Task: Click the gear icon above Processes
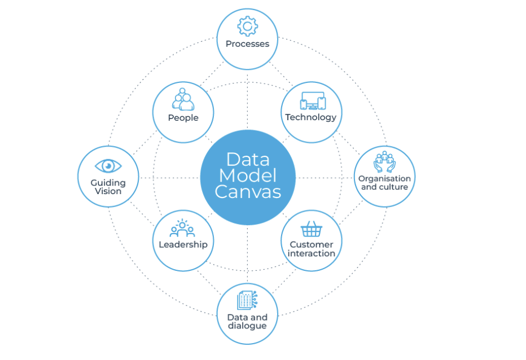coord(247,26)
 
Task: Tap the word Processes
coord(247,43)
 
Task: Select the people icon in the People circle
coord(183,99)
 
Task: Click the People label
coord(183,117)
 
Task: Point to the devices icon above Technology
coord(312,100)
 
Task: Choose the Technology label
coord(310,117)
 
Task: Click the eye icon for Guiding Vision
coord(108,165)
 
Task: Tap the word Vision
coord(108,191)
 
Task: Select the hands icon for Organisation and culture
coord(384,161)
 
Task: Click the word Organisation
coord(384,178)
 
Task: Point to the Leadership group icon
coord(182,228)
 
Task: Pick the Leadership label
coord(183,244)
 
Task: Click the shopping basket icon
coord(311,229)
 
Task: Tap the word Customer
coord(311,244)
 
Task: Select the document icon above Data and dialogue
coord(247,300)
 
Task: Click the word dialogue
coord(247,326)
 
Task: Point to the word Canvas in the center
coord(248,192)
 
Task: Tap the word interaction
coord(311,253)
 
